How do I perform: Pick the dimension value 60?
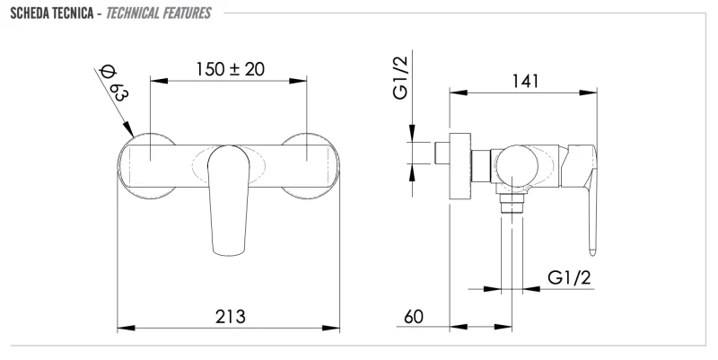point(414,317)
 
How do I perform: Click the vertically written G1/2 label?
point(401,78)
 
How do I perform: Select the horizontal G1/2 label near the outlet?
point(570,279)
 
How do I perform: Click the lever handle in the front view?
point(227,193)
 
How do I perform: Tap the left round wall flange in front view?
point(146,163)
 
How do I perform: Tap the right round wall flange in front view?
point(311,163)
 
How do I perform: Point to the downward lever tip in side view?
point(591,238)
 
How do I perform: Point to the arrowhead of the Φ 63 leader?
point(131,132)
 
